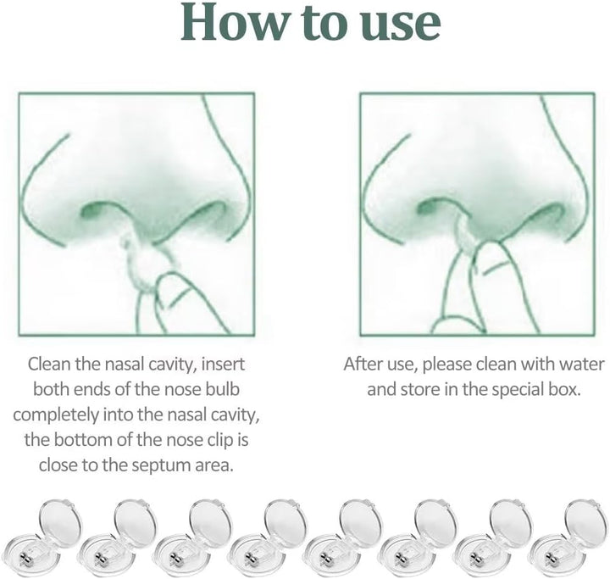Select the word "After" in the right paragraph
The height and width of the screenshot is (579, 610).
click(363, 365)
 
